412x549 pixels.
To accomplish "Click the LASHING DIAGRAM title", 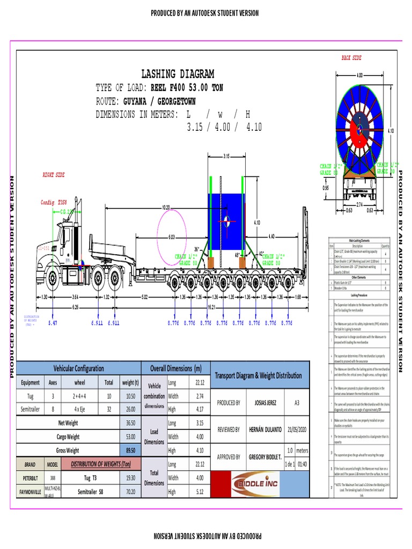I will (178, 74).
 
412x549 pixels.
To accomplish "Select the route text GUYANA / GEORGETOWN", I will (159, 101).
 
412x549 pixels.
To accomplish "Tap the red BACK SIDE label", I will (351, 57).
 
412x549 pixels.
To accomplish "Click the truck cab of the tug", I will (65, 241).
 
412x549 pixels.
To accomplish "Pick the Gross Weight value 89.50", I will (130, 450).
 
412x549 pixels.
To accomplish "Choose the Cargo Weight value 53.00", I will (130, 437).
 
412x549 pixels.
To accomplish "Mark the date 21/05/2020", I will (297, 429).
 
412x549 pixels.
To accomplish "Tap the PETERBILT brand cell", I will (30, 477).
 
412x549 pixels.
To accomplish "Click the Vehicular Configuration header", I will (78, 368).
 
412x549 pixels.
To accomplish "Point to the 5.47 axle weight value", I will (53, 323).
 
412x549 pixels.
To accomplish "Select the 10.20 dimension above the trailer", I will (165, 207).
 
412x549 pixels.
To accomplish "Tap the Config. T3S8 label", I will (54, 203).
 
